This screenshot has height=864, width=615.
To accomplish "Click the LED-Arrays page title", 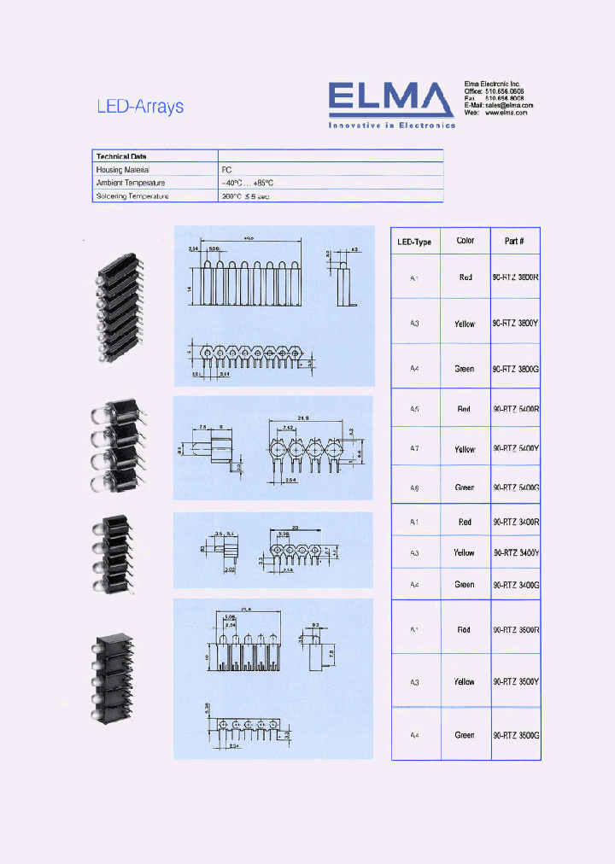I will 140,107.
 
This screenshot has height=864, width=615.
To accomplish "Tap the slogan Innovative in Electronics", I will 392,125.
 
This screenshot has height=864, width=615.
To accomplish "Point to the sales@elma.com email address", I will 507,105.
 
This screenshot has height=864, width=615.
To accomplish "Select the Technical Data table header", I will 121,156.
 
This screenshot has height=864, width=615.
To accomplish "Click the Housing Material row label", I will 128,170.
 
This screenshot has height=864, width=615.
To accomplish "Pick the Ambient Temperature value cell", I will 248,183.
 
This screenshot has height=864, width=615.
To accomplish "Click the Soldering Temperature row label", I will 132,196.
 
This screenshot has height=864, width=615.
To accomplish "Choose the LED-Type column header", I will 415,242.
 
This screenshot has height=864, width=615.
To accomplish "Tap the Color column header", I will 466,241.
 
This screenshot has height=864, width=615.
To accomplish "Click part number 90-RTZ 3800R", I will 516,277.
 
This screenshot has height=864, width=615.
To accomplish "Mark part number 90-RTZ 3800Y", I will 516,324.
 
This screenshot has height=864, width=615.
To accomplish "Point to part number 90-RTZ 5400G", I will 516,487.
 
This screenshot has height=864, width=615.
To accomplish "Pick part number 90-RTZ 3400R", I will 516,522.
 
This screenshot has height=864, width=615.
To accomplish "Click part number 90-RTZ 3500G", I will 516,735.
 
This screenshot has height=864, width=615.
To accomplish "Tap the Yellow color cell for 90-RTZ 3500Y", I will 465,682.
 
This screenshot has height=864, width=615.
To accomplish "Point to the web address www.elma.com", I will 507,113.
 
